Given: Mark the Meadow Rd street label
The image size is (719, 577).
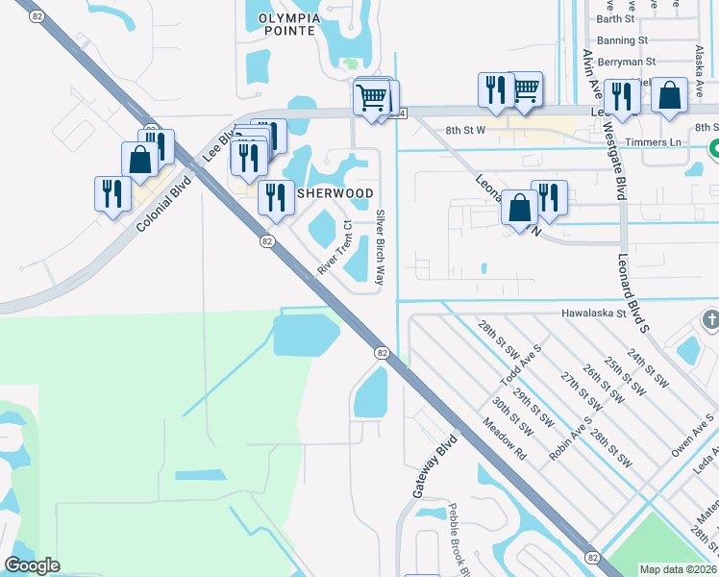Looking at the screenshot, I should (506, 439).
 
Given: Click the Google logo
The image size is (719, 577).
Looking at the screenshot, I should (32, 565).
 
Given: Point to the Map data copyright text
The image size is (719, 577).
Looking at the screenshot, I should (678, 569).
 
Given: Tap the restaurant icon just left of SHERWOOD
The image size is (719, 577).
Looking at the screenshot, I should (276, 196).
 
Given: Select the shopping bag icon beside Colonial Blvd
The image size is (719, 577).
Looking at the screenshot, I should (140, 161).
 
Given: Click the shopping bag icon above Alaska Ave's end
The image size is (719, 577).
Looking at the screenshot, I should (669, 95).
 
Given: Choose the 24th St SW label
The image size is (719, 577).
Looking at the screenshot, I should (647, 368).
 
